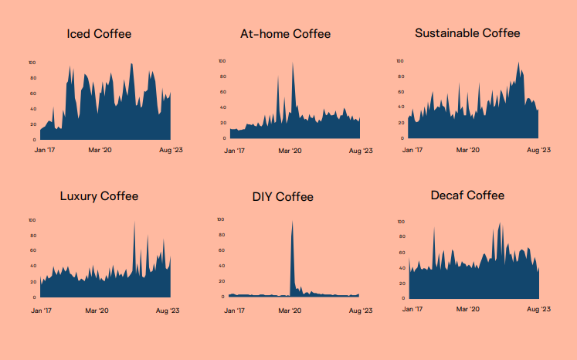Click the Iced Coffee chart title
point(99,34)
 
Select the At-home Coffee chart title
point(285,34)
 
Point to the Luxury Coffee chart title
point(99,196)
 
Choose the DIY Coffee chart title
point(283,197)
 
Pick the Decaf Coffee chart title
point(467,195)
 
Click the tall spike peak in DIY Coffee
point(292,222)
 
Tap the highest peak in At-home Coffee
point(293,64)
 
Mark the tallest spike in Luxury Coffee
point(134,223)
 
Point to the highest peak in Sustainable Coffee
point(518,64)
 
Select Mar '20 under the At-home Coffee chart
point(290,151)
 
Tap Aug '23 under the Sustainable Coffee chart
point(538,150)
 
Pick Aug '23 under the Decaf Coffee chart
point(538,309)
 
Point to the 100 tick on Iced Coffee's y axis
point(32,63)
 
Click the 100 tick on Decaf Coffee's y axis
point(400,222)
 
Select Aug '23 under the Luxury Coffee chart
point(169,310)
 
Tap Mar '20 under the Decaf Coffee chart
point(469,309)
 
